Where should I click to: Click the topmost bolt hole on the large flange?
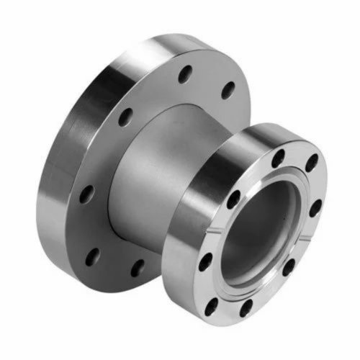(x=186, y=72)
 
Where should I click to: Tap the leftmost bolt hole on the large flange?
(x=86, y=193)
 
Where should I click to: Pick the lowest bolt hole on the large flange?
(x=137, y=267)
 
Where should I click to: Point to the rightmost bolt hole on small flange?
(x=315, y=209)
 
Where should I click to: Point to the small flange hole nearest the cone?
(x=234, y=200)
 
